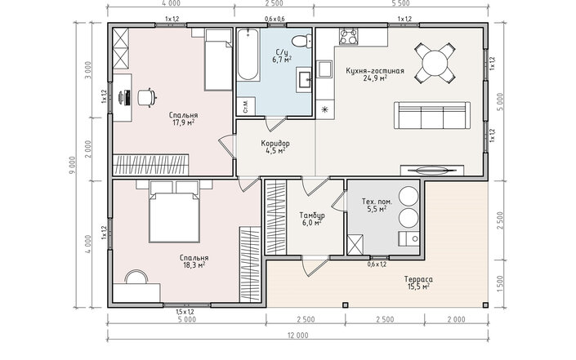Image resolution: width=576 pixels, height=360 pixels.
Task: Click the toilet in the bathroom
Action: pos(301,41)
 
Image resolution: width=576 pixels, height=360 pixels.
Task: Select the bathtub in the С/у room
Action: pos(248,55)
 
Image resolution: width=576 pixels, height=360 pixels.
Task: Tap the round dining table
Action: pos(435,63)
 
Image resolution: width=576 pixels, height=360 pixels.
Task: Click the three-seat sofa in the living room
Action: pos(432,115)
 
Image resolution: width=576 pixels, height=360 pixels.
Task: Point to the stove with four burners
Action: pos(348,37)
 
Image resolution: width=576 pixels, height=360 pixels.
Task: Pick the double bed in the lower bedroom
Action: pos(174,211)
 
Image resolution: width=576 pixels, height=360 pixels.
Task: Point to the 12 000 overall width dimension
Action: pos(298,335)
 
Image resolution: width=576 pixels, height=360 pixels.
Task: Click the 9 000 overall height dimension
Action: pos(72,166)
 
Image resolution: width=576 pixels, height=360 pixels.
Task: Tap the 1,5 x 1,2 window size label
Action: pos(185,312)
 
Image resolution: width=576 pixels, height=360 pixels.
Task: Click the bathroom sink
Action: pos(304,79)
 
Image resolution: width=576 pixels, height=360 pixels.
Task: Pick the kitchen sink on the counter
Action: pos(324,69)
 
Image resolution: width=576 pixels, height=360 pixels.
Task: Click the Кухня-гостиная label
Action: pos(375,71)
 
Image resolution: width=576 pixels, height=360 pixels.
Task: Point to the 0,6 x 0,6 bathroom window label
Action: pos(275,19)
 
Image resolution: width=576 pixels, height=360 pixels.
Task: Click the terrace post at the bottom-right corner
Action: pos(485,304)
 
